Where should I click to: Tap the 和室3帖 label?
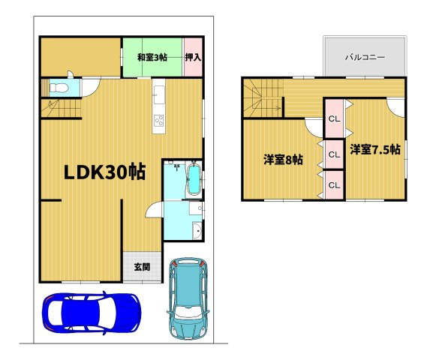(x=152, y=57)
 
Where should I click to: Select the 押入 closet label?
(x=193, y=57)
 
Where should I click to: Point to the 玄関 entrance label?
(x=143, y=266)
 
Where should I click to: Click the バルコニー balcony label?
(x=365, y=57)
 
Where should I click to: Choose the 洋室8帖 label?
(x=283, y=160)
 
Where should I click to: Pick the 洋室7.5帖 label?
(x=374, y=149)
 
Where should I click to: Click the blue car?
(x=91, y=311)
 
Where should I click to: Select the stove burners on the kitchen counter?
(x=159, y=120)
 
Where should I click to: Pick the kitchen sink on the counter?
(x=159, y=95)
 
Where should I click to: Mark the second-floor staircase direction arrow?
(x=270, y=109)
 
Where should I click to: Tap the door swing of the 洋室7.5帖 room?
(x=395, y=107)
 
